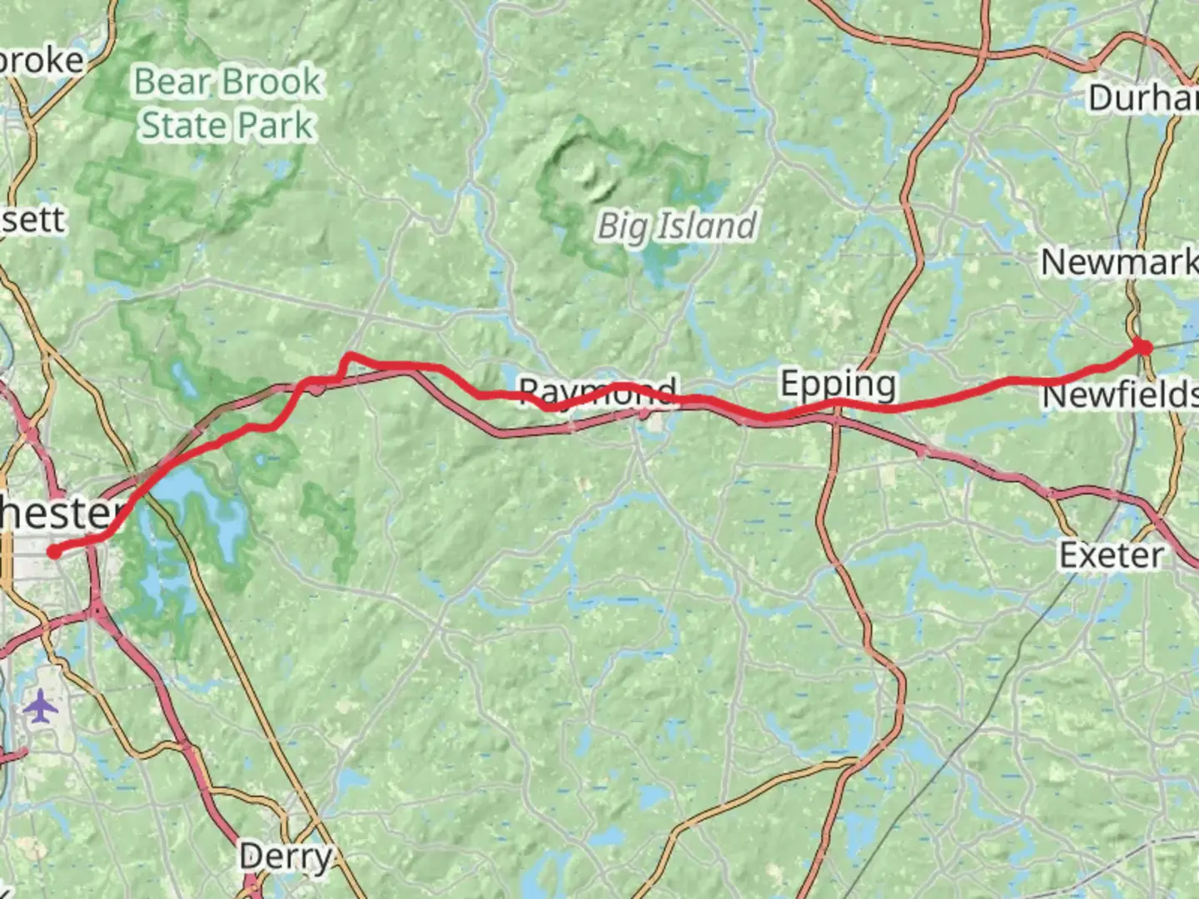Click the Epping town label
tap(838, 384)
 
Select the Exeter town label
tap(1111, 554)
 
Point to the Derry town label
tap(285, 856)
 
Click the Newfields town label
tap(1120, 395)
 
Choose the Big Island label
tap(677, 226)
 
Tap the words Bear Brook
tap(227, 82)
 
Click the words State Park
tap(227, 126)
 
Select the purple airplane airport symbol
tap(41, 708)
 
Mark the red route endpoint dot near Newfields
tap(1144, 348)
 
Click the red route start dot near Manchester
tap(54, 551)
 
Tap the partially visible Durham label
tap(1142, 98)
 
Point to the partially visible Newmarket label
tap(1119, 262)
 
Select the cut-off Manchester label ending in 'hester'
tap(58, 513)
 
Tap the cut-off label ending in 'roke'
tap(42, 61)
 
